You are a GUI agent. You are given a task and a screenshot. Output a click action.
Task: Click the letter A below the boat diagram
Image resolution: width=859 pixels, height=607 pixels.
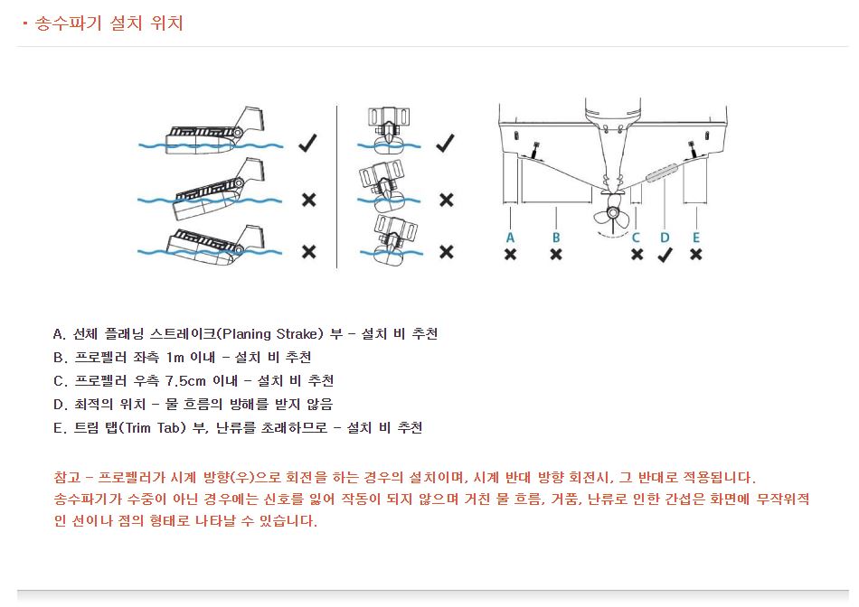coord(511,237)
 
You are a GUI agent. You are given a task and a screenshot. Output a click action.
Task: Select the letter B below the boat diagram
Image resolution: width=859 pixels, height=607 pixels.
coord(556,237)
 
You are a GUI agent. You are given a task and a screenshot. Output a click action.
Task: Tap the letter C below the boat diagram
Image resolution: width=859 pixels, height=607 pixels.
coord(637,237)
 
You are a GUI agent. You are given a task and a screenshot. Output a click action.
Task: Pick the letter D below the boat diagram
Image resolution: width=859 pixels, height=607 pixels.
coord(665,237)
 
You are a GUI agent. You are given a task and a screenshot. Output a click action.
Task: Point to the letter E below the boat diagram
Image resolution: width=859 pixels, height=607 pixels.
coord(695,237)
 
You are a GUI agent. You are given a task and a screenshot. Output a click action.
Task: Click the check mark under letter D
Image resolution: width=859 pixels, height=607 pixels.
coord(665,254)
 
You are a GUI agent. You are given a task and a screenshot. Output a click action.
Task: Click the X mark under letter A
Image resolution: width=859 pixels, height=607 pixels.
coord(511,255)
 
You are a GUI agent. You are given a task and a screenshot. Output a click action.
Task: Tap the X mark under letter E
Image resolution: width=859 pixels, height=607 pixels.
coord(695,255)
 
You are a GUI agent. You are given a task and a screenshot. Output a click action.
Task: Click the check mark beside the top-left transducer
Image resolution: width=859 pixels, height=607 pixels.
coord(307,143)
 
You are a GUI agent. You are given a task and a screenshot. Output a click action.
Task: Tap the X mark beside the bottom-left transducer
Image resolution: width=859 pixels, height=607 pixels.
coord(308,251)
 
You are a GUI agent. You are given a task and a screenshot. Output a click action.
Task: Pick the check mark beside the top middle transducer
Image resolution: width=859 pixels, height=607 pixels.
coord(444,143)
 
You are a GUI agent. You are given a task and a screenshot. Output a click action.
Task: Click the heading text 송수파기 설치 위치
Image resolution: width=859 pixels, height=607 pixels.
coord(109,23)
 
